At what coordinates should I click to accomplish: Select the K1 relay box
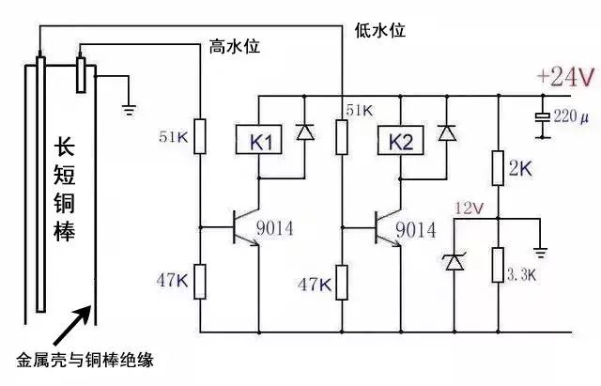(x=261, y=143)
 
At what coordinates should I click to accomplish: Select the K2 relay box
(x=400, y=143)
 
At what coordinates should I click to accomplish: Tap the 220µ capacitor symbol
(x=542, y=118)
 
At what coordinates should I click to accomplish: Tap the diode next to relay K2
(x=446, y=132)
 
